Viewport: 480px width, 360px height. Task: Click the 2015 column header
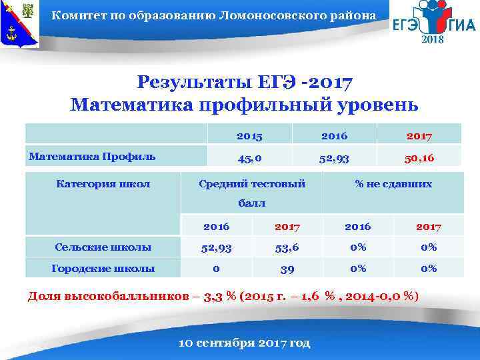point(249,136)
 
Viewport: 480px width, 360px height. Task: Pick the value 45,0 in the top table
point(249,158)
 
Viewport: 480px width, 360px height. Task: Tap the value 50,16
point(419,158)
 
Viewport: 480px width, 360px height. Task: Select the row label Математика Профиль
point(92,157)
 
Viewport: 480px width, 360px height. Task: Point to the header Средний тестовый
point(252,183)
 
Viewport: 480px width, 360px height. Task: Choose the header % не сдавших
point(393,183)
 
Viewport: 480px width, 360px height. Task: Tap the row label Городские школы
point(103,269)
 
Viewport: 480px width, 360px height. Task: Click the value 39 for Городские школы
point(287,269)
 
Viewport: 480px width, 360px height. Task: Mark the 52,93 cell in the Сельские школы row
point(217,247)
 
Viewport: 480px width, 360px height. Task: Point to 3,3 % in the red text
point(223,296)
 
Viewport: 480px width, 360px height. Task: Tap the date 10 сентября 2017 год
point(245,343)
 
